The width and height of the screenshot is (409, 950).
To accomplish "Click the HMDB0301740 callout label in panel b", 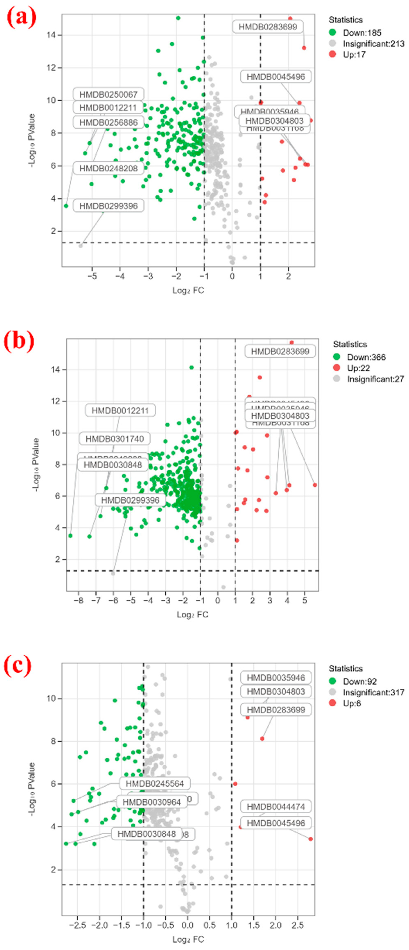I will (x=115, y=438).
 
